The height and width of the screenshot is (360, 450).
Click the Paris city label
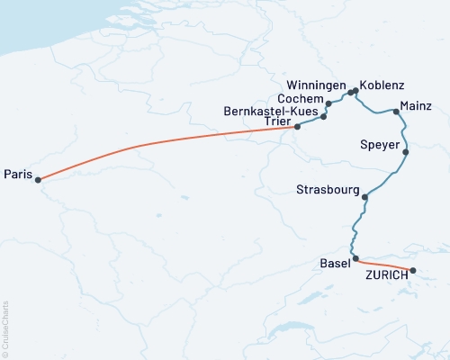point(19,172)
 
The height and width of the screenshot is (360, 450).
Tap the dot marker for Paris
point(38,179)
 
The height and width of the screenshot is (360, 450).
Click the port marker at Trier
point(298,127)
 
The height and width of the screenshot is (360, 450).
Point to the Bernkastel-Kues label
point(267,111)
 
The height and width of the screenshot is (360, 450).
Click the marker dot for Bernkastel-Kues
point(323,117)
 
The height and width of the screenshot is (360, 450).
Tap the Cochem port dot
point(328,104)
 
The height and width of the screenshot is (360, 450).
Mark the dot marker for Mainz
point(396,112)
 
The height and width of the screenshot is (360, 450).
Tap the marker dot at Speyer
point(406,152)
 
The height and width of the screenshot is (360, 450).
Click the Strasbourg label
point(327,189)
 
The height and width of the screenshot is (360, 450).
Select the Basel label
point(336,263)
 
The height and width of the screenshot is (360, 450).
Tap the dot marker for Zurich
point(413,270)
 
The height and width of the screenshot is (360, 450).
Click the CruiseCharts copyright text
point(6,328)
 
